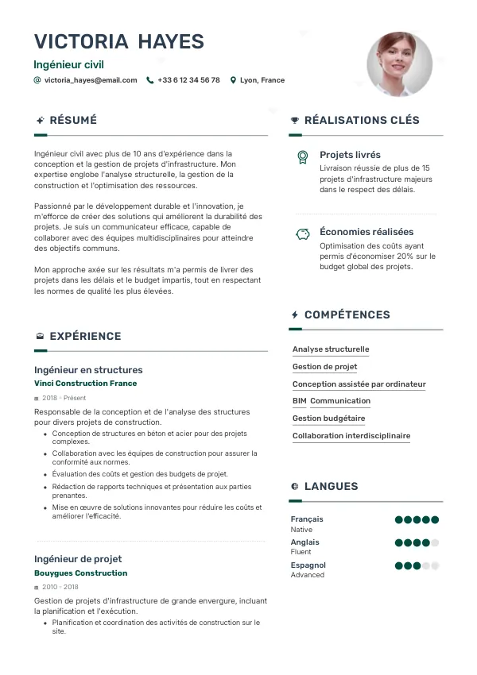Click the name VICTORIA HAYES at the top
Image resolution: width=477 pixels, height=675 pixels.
pos(118,42)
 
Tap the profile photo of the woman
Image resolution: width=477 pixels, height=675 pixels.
pos(399,64)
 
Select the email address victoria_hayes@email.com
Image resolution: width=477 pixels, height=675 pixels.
pos(91,80)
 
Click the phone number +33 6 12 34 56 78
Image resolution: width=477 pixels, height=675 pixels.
pos(188,80)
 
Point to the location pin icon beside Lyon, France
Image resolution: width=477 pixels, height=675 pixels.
pos(233,80)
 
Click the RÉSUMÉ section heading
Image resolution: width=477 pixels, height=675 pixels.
pos(73,121)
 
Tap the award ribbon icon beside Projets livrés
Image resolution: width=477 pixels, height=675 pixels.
pos(302,156)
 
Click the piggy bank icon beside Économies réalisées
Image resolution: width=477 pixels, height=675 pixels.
pos(302,233)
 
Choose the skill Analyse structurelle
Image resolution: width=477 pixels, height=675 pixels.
pos(331,349)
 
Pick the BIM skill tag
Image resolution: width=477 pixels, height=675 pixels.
pos(299,401)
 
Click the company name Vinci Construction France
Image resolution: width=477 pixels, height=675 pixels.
pos(85,384)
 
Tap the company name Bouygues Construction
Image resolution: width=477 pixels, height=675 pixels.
pos(80,573)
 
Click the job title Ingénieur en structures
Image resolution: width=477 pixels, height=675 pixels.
pos(88,370)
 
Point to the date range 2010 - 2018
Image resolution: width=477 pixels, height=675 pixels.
pos(55,587)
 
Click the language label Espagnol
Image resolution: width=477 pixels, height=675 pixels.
pos(308,565)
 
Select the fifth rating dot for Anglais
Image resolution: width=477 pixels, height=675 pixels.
pos(435,543)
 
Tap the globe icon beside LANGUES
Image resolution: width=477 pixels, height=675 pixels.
pos(295,486)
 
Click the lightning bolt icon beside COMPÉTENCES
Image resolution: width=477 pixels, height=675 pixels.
pos(295,315)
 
